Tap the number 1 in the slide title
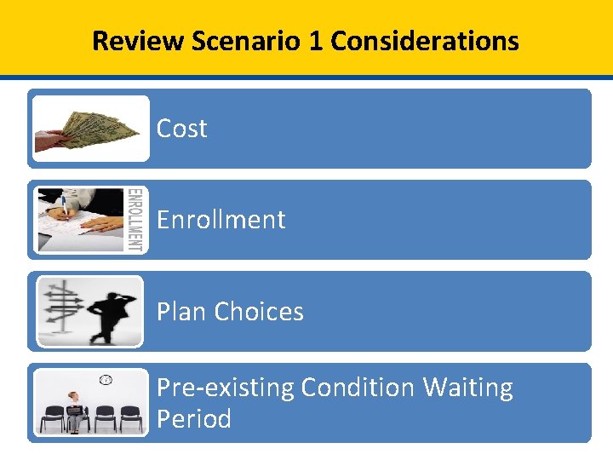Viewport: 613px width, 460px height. point(315,40)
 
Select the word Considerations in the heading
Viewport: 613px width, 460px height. point(424,40)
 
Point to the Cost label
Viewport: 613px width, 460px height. point(181,129)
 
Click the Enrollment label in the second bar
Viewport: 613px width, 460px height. point(221,220)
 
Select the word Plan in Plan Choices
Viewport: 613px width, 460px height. point(181,312)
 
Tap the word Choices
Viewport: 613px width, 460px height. point(259,312)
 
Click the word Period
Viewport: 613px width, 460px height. point(193,419)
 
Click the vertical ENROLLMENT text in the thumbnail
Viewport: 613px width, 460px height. point(135,220)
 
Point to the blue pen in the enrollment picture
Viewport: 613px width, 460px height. point(64,208)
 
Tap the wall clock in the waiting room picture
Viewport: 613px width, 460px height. point(106,379)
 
